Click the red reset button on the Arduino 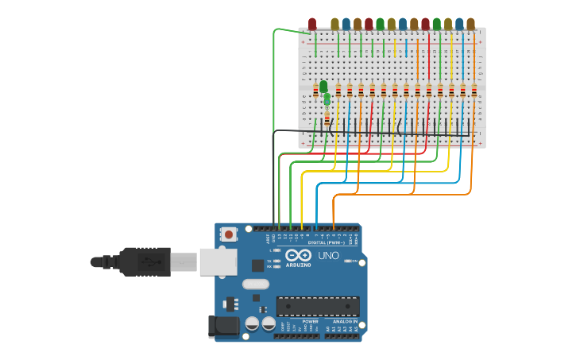[x=229, y=234]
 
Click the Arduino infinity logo [x=299, y=255]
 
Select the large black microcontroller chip [x=317, y=306]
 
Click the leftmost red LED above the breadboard [x=312, y=25]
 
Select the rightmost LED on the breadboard [x=470, y=25]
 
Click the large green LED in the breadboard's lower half [x=323, y=86]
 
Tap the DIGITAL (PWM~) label [x=326, y=242]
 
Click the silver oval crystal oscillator [x=255, y=284]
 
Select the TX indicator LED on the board [x=276, y=261]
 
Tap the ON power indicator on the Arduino [x=347, y=261]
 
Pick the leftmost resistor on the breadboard [x=315, y=89]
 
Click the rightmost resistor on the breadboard [x=474, y=91]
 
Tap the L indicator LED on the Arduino [x=276, y=250]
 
